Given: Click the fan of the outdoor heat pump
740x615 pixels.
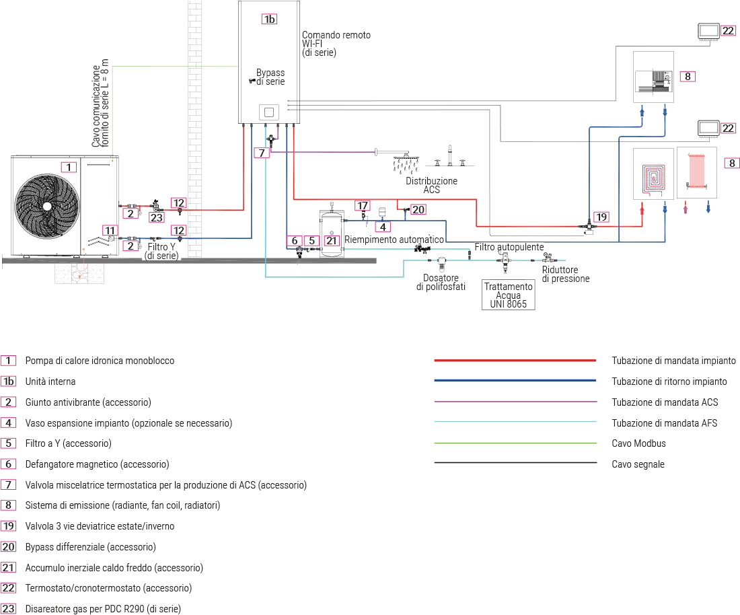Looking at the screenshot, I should (x=46, y=205).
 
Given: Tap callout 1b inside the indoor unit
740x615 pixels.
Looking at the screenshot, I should (x=269, y=19).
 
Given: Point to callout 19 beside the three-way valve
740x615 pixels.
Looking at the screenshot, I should (x=601, y=217).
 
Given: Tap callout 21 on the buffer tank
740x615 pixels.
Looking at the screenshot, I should (x=331, y=240).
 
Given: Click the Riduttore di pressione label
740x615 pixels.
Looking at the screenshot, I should (x=565, y=275).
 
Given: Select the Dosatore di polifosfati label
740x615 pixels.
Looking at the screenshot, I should (x=441, y=283).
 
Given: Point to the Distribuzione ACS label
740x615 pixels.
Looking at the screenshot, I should (x=431, y=185).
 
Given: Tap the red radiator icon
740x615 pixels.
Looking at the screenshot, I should (x=696, y=171).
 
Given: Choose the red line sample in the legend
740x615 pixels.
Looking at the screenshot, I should (x=515, y=361).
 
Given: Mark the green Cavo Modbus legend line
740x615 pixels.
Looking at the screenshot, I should (x=515, y=443).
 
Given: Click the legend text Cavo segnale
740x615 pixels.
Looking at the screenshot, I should (x=638, y=464).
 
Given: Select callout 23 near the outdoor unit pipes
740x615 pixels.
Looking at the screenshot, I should (x=157, y=217).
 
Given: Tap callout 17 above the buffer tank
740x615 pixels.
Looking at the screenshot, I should (x=363, y=205).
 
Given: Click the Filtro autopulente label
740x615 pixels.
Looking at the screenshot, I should (x=509, y=247).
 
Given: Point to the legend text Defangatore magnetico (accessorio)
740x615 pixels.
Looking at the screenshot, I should (x=97, y=464).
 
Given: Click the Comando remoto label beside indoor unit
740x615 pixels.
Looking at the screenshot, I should (x=336, y=35).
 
